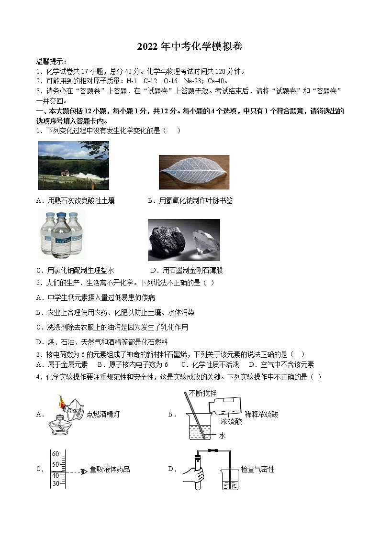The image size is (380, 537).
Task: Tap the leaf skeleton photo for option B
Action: pos(194,172)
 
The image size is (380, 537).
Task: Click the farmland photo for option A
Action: pos(73,165)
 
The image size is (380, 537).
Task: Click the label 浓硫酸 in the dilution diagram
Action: pos(232,422)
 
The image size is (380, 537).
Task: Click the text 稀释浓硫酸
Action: pos(261,414)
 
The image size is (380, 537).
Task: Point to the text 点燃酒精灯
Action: pos(103,414)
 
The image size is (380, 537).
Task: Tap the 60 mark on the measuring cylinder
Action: pos(56,454)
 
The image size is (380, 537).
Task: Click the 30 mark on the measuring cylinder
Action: pos(56,483)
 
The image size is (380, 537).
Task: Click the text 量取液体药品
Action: pos(110,470)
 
